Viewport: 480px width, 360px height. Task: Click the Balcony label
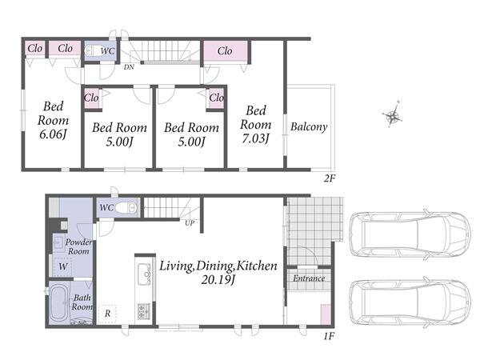click(309, 126)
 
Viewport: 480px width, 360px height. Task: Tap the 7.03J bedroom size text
click(256, 138)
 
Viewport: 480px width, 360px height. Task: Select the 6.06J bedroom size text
click(53, 134)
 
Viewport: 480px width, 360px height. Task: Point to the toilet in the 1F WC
click(126, 207)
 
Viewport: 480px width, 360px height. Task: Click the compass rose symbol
click(393, 116)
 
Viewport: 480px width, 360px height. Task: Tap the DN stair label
click(129, 66)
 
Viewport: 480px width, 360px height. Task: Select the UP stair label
click(189, 223)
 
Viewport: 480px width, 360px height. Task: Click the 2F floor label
click(330, 178)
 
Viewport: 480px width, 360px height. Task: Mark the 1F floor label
click(329, 337)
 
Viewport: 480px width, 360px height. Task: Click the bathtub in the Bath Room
click(60, 302)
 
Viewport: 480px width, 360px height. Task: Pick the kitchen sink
click(144, 274)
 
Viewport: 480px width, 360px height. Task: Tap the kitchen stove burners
click(144, 311)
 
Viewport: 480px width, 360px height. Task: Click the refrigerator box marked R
click(107, 314)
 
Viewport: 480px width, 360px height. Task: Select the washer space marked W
click(62, 266)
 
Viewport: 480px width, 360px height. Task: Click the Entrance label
click(309, 278)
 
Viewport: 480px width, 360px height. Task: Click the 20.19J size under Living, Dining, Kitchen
click(218, 279)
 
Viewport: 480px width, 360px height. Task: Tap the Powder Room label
click(78, 246)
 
